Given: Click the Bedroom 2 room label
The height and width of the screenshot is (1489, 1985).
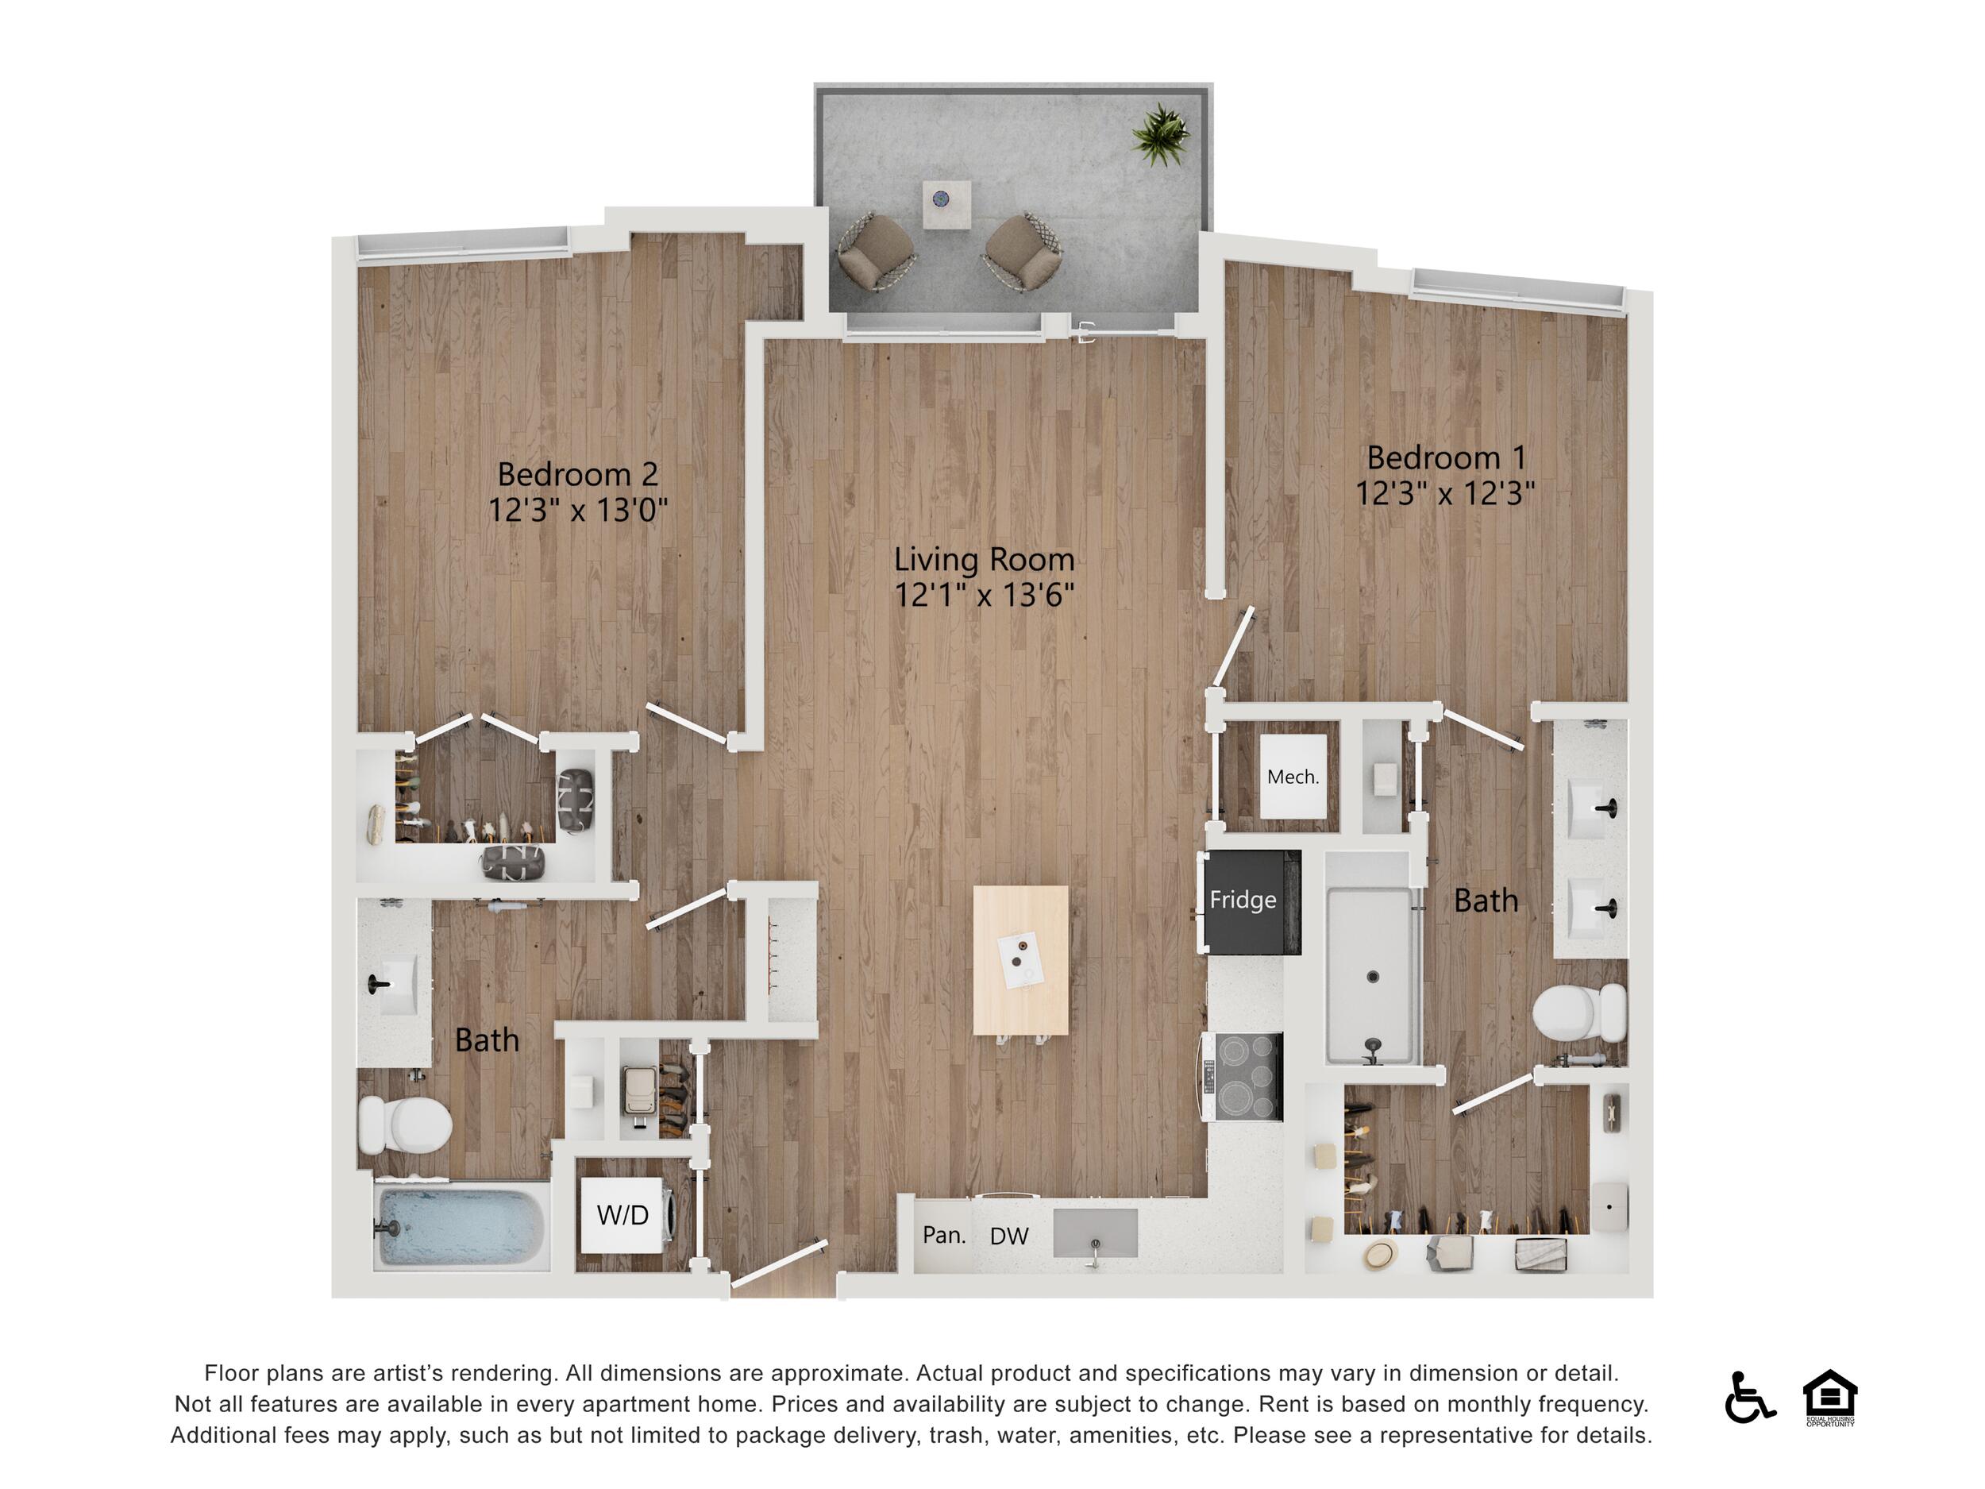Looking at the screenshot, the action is click(x=578, y=474).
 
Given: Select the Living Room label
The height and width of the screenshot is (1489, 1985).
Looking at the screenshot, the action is click(x=985, y=560).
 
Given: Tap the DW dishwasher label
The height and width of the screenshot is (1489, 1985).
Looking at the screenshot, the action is click(x=1008, y=1236).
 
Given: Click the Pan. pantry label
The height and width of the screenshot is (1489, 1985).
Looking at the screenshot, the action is click(x=944, y=1235).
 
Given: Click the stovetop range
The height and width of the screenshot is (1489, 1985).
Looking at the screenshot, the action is click(x=1245, y=1076).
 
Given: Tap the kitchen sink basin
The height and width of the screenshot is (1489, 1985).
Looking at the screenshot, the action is click(x=1095, y=1232).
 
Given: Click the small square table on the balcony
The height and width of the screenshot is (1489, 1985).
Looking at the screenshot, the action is click(x=947, y=205).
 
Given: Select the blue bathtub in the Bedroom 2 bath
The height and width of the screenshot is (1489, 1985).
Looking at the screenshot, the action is click(x=460, y=1226).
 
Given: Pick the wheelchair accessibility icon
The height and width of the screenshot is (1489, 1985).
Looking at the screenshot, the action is click(x=1749, y=1397).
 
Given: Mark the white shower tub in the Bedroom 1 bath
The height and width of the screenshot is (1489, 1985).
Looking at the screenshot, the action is click(x=1373, y=976).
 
